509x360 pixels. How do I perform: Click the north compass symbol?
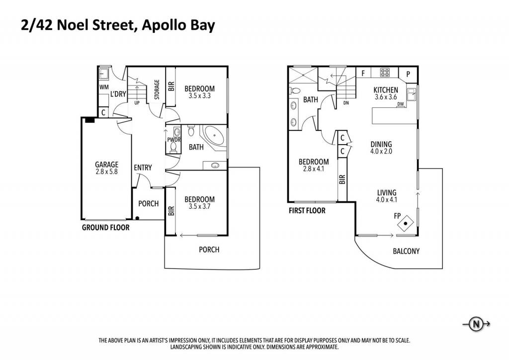pyautogui.click(x=476, y=324)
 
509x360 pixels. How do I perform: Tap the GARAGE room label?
pyautogui.click(x=106, y=165)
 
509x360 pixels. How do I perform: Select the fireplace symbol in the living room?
pyautogui.click(x=406, y=224)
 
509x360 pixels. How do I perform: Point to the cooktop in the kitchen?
pyautogui.click(x=385, y=73)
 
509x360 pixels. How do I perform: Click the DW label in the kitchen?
pyautogui.click(x=401, y=104)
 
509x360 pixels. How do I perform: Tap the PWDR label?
pyautogui.click(x=173, y=140)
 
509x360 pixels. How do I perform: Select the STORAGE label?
pyautogui.click(x=157, y=90)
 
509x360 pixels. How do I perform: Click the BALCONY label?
pyautogui.click(x=406, y=251)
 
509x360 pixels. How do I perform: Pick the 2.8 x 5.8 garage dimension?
pyautogui.click(x=106, y=172)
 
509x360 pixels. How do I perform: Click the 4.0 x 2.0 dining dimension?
pyautogui.click(x=381, y=151)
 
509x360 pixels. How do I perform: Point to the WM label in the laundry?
pyautogui.click(x=104, y=87)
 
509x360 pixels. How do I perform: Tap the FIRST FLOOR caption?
pyautogui.click(x=307, y=211)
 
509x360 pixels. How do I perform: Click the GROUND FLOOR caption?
pyautogui.click(x=105, y=227)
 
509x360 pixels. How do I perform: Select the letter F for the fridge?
pyautogui.click(x=363, y=73)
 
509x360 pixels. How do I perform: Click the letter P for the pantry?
pyautogui.click(x=408, y=74)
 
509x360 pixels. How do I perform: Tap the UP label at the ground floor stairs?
pyautogui.click(x=137, y=102)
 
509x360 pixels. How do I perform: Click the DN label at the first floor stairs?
pyautogui.click(x=346, y=103)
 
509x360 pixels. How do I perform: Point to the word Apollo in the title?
pyautogui.click(x=163, y=26)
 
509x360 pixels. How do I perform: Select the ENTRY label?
pyautogui.click(x=143, y=168)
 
